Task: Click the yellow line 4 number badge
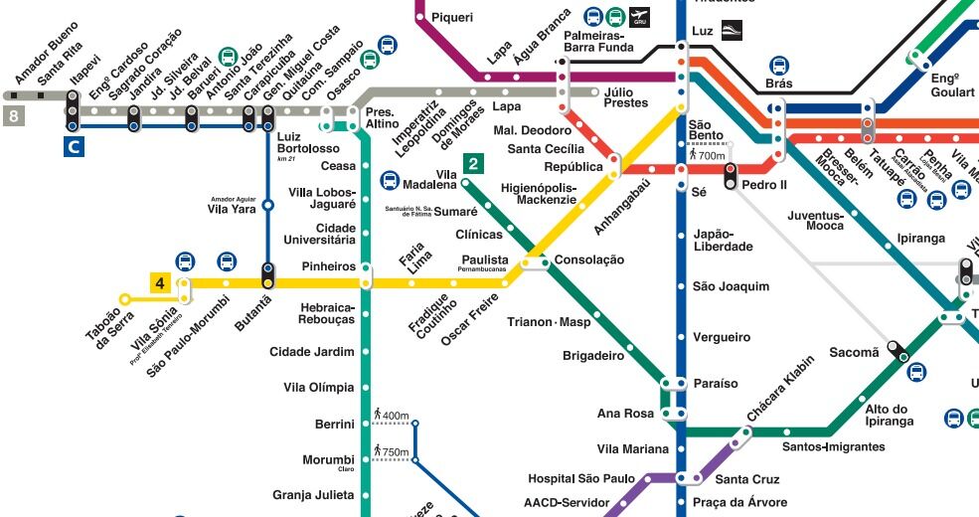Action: (x=159, y=283)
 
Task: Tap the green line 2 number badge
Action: (x=474, y=164)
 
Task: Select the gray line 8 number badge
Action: (x=13, y=116)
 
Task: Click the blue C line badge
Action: (x=73, y=148)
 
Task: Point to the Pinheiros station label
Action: (x=328, y=266)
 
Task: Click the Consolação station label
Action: (x=589, y=259)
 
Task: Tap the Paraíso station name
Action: (x=715, y=383)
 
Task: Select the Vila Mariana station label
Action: (x=632, y=449)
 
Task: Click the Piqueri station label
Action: (x=452, y=17)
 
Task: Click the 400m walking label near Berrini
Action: (x=392, y=415)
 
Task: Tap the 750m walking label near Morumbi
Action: (x=392, y=452)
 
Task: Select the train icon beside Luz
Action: (x=732, y=31)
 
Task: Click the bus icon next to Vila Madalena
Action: (x=391, y=182)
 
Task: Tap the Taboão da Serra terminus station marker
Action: (x=124, y=298)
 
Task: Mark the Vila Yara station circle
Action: (x=267, y=208)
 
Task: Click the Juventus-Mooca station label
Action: (x=815, y=220)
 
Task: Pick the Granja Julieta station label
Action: (x=313, y=495)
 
